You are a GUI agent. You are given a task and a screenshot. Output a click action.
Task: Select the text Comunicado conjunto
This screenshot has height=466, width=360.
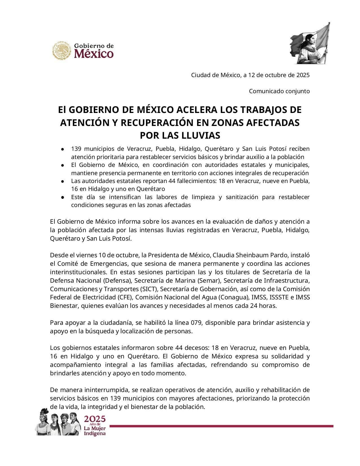click(x=279, y=91)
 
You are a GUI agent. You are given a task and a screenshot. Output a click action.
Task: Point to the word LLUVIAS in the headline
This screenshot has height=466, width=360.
click(x=201, y=136)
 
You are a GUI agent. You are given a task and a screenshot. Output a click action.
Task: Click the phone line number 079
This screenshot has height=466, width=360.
click(x=198, y=323)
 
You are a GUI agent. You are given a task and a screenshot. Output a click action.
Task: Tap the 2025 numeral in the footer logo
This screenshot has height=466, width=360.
click(x=95, y=419)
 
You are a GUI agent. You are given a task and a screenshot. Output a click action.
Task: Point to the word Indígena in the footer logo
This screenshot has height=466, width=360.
click(x=95, y=434)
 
